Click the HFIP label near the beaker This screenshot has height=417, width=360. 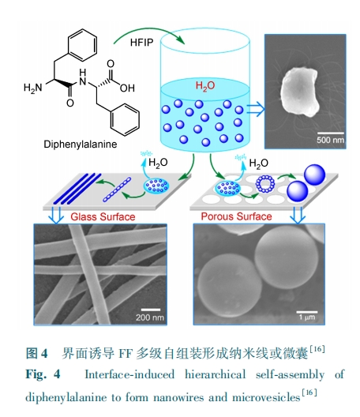[x=142, y=43]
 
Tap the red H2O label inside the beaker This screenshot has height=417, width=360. [x=205, y=85]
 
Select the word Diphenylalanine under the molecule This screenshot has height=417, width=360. [x=81, y=145]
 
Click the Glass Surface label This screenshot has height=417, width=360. [x=103, y=216]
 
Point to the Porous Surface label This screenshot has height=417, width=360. [x=236, y=216]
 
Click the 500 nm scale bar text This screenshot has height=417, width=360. [x=330, y=140]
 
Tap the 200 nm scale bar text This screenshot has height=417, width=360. [x=150, y=317]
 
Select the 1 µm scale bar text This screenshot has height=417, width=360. [x=307, y=317]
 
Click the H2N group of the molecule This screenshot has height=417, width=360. [x=32, y=87]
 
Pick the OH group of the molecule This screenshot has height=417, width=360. [x=127, y=88]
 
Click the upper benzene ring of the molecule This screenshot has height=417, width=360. [x=82, y=45]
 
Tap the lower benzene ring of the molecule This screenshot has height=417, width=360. [x=125, y=119]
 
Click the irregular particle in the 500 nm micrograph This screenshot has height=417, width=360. [x=299, y=92]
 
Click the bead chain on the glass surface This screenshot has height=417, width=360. [x=117, y=190]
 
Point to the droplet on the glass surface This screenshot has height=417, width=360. [x=156, y=186]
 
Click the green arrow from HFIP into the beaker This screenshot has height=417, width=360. [x=149, y=30]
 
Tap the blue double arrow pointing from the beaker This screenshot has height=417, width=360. [x=256, y=109]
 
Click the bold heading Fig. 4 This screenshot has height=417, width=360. [x=43, y=374]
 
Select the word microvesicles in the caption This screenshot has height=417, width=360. [x=266, y=397]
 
